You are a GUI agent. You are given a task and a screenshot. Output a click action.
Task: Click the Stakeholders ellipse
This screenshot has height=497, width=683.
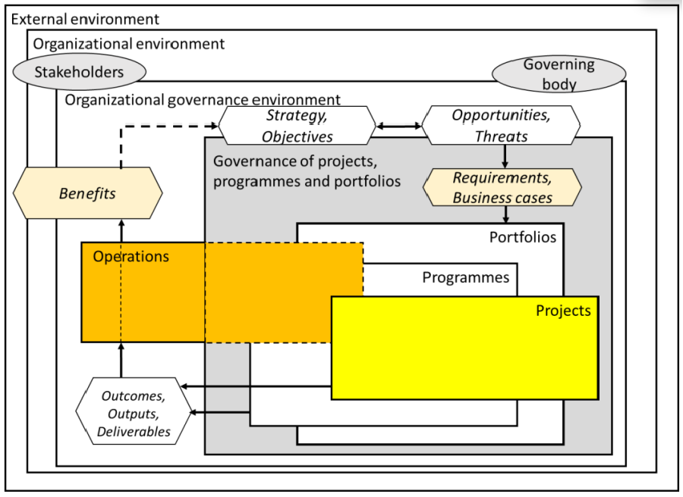[x=79, y=73]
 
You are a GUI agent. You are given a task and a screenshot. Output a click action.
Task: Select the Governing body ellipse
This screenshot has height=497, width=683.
[x=559, y=74]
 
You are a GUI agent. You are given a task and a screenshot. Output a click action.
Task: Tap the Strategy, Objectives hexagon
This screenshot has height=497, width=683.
[x=297, y=126]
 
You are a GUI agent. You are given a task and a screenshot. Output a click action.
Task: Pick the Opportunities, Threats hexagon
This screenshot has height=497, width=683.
[x=501, y=126]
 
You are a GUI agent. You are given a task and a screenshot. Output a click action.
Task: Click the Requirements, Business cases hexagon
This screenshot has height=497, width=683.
[x=502, y=187]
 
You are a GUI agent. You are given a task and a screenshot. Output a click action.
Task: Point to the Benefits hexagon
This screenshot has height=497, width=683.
[x=87, y=193]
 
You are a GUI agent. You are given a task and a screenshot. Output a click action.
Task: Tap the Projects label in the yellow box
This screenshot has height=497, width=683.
[x=562, y=311]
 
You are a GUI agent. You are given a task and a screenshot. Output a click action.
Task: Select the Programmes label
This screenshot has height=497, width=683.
[x=465, y=277]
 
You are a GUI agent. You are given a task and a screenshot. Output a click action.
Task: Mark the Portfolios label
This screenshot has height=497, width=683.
[x=522, y=237]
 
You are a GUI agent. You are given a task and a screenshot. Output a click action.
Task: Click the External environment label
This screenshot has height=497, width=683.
[x=85, y=19]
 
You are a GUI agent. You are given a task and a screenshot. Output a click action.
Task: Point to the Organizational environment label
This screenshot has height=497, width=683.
[x=128, y=43]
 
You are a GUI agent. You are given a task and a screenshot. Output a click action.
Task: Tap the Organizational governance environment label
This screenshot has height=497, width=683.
[x=203, y=99]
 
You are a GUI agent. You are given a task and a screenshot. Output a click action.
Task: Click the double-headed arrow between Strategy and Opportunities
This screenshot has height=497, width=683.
[x=399, y=126]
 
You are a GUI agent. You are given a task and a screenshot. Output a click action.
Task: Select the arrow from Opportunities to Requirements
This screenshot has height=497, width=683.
[x=505, y=156]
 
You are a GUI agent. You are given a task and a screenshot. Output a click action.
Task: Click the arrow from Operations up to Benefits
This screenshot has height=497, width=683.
[x=121, y=231]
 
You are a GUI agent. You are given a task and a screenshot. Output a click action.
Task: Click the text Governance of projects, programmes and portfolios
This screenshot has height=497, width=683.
[x=307, y=171]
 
